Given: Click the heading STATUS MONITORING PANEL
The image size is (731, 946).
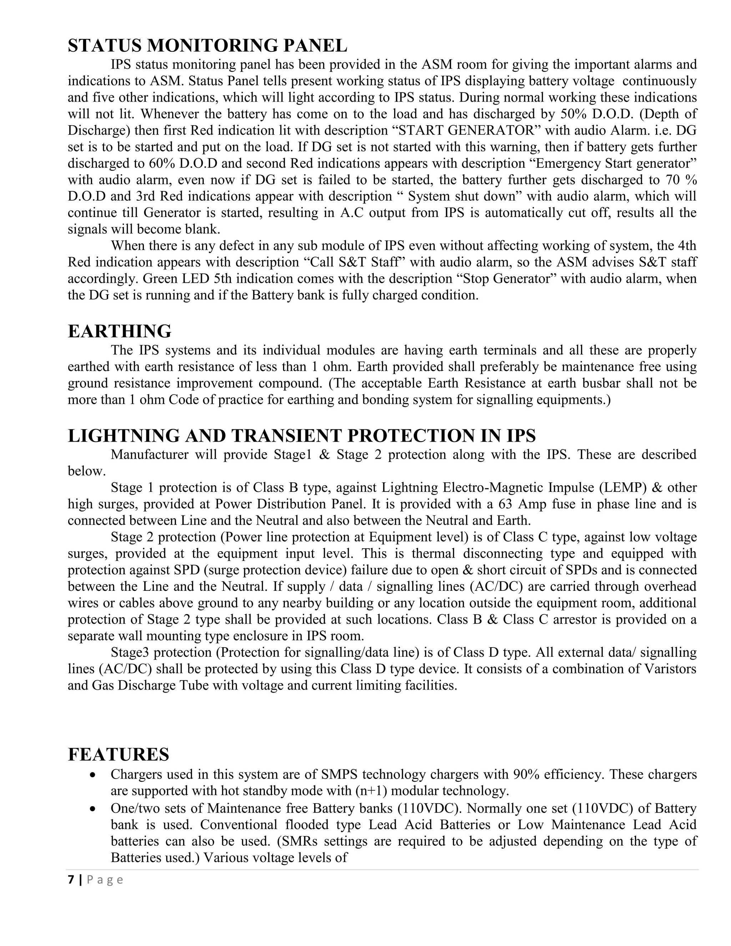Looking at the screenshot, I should point(207,45).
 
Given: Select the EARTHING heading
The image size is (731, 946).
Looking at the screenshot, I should point(120,331).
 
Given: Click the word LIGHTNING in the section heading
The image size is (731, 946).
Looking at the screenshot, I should point(123,435).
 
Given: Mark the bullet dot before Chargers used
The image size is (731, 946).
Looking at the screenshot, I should point(92,775).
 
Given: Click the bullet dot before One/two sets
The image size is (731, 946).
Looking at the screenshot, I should point(92,809).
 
